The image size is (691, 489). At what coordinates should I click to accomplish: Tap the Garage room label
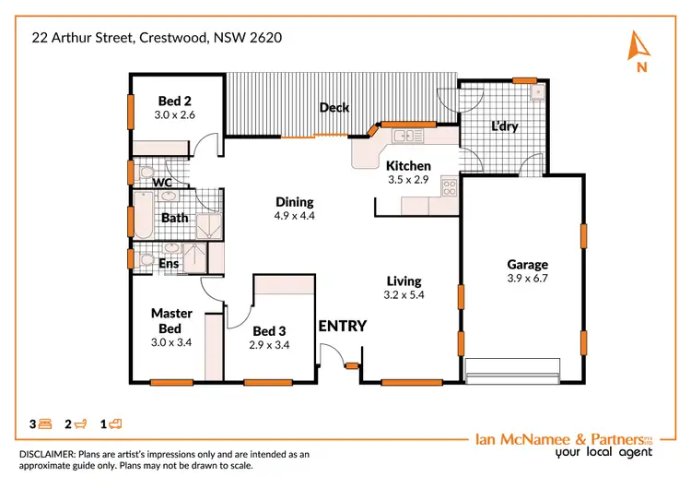(527, 264)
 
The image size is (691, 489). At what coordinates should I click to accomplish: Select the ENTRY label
(342, 326)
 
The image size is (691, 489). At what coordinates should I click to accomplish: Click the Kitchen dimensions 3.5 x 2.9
(408, 180)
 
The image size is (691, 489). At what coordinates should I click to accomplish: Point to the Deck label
(334, 108)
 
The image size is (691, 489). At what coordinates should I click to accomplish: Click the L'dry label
(504, 126)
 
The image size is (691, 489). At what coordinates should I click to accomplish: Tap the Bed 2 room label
(175, 101)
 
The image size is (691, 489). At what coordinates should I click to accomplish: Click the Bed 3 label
(269, 331)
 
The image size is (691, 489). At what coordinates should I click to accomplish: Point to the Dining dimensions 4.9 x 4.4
(295, 216)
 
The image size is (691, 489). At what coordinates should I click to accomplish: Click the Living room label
(404, 281)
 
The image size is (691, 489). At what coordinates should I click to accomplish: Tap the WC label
(162, 183)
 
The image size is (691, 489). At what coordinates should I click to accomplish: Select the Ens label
(169, 264)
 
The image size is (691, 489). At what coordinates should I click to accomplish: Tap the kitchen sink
(403, 137)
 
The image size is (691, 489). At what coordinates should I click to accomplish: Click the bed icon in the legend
(45, 424)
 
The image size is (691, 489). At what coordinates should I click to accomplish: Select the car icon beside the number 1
(116, 424)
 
